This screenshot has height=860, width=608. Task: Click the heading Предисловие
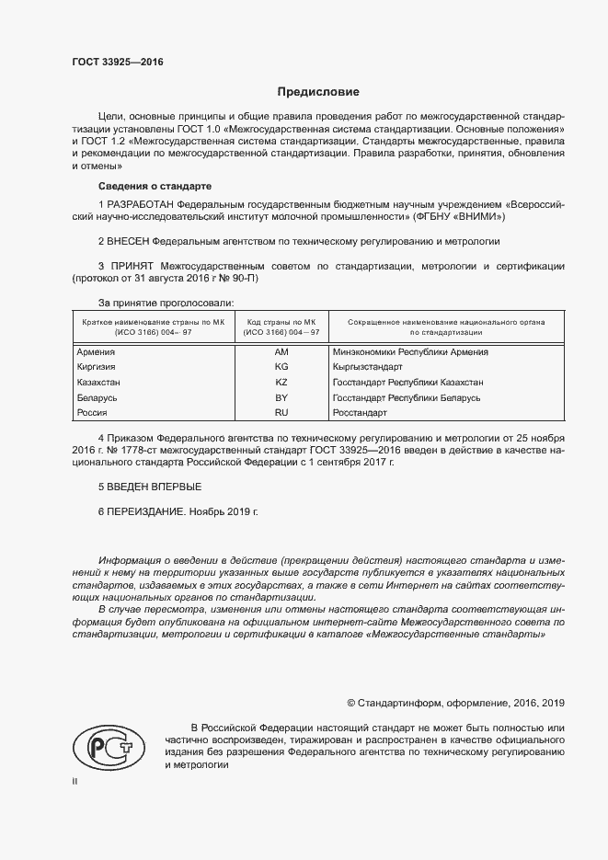(x=319, y=92)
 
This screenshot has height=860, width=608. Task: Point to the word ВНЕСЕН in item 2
(x=129, y=241)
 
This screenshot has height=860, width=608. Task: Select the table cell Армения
(x=95, y=351)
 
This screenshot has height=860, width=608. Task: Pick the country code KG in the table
(x=281, y=366)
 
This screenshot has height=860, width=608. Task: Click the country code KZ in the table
(x=281, y=382)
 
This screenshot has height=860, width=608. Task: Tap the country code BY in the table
(x=281, y=397)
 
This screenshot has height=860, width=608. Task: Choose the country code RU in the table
(x=281, y=413)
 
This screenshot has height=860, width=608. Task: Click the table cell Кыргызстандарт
(x=368, y=366)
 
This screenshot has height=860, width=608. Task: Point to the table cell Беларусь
(x=97, y=397)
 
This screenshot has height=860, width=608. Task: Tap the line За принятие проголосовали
(x=166, y=302)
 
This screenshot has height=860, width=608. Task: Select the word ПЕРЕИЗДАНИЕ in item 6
(x=146, y=510)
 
